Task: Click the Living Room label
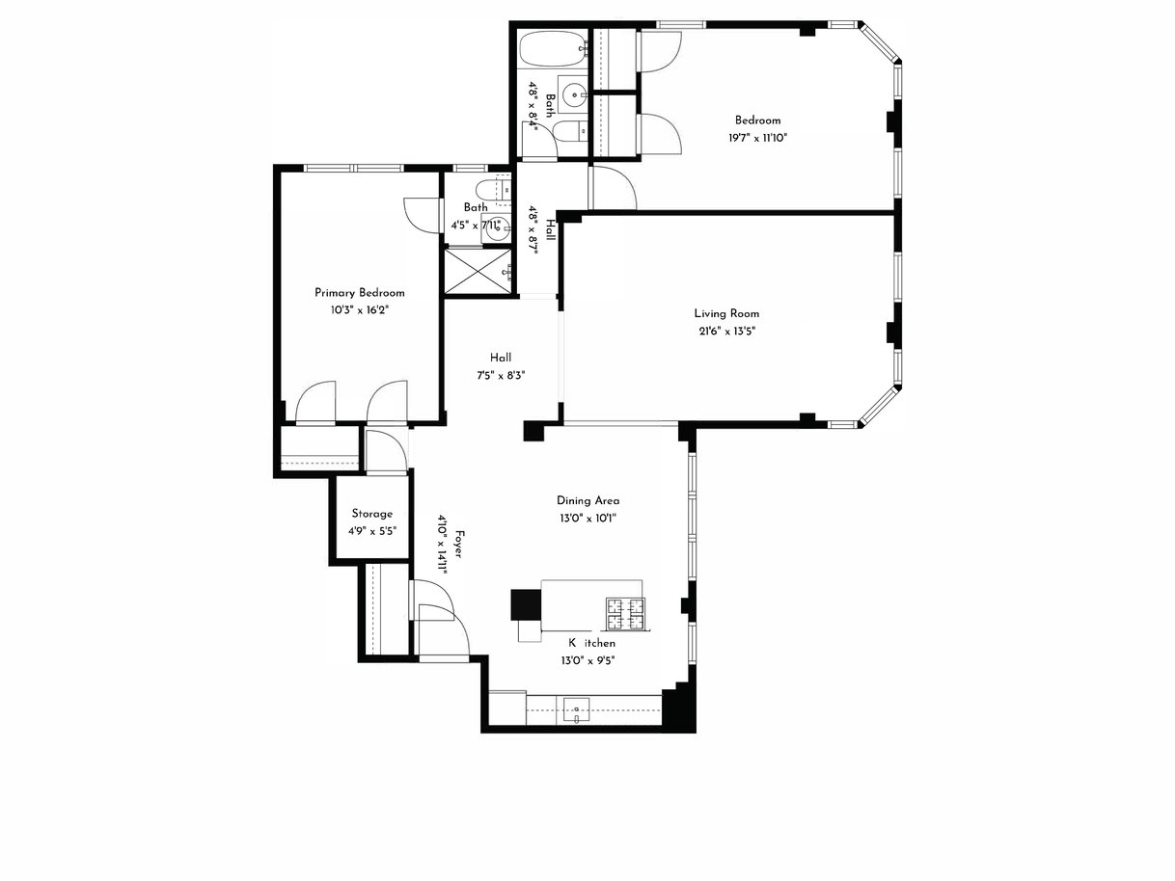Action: pos(726,313)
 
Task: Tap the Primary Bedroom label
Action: pos(359,293)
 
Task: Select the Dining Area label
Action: pos(587,500)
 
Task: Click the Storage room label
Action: pos(372,514)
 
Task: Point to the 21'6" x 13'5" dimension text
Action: pos(727,332)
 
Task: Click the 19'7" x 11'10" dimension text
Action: pos(757,138)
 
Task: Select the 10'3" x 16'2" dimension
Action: pos(359,310)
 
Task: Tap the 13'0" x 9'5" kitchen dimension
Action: pos(587,660)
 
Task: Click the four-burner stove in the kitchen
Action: pos(625,614)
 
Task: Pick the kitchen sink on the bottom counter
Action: pos(576,711)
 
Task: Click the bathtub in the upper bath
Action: pos(553,49)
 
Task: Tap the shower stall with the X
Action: pos(478,271)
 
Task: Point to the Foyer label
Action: pos(459,544)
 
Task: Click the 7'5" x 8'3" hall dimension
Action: pos(501,376)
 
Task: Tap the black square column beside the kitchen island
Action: pos(526,604)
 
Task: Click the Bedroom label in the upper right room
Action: pos(757,120)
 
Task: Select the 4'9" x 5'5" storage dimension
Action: pos(372,531)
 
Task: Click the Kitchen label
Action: pos(591,643)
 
